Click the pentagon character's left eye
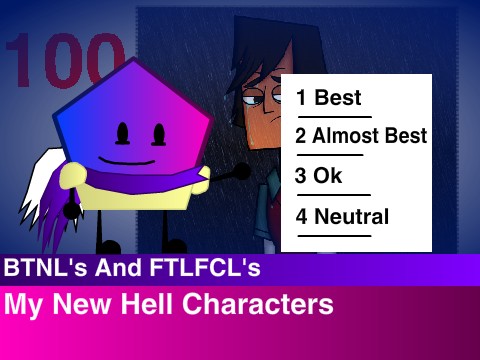coord(123,132)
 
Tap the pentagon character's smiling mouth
coord(134,158)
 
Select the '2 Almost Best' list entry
coord(361,136)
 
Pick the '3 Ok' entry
coord(319,175)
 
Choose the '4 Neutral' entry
coord(342,215)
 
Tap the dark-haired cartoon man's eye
coord(258,98)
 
